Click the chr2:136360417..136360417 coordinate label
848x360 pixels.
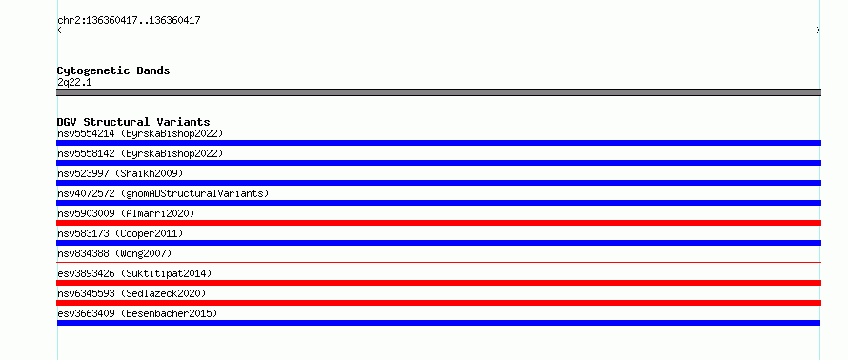point(129,21)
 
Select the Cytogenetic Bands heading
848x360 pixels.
point(113,70)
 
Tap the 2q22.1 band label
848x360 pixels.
point(74,83)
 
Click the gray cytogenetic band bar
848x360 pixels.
point(438,92)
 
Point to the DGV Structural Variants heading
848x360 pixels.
point(133,122)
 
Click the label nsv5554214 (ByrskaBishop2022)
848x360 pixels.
point(140,134)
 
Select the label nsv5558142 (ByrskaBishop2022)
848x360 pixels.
point(140,154)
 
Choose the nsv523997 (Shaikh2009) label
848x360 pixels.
point(120,174)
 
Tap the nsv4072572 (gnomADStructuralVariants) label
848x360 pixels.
point(163,193)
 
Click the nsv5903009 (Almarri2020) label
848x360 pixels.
point(126,213)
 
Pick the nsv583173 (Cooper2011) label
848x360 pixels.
point(120,233)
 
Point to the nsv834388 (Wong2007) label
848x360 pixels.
point(114,253)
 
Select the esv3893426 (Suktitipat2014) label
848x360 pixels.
point(134,273)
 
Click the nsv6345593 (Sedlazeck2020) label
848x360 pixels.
point(131,293)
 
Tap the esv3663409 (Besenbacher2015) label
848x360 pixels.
point(137,313)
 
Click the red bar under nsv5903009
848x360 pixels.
point(438,223)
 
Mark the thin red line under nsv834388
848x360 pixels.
point(438,262)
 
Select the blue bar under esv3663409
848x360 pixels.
point(438,323)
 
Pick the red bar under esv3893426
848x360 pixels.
point(438,283)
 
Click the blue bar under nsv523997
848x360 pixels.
point(438,183)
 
